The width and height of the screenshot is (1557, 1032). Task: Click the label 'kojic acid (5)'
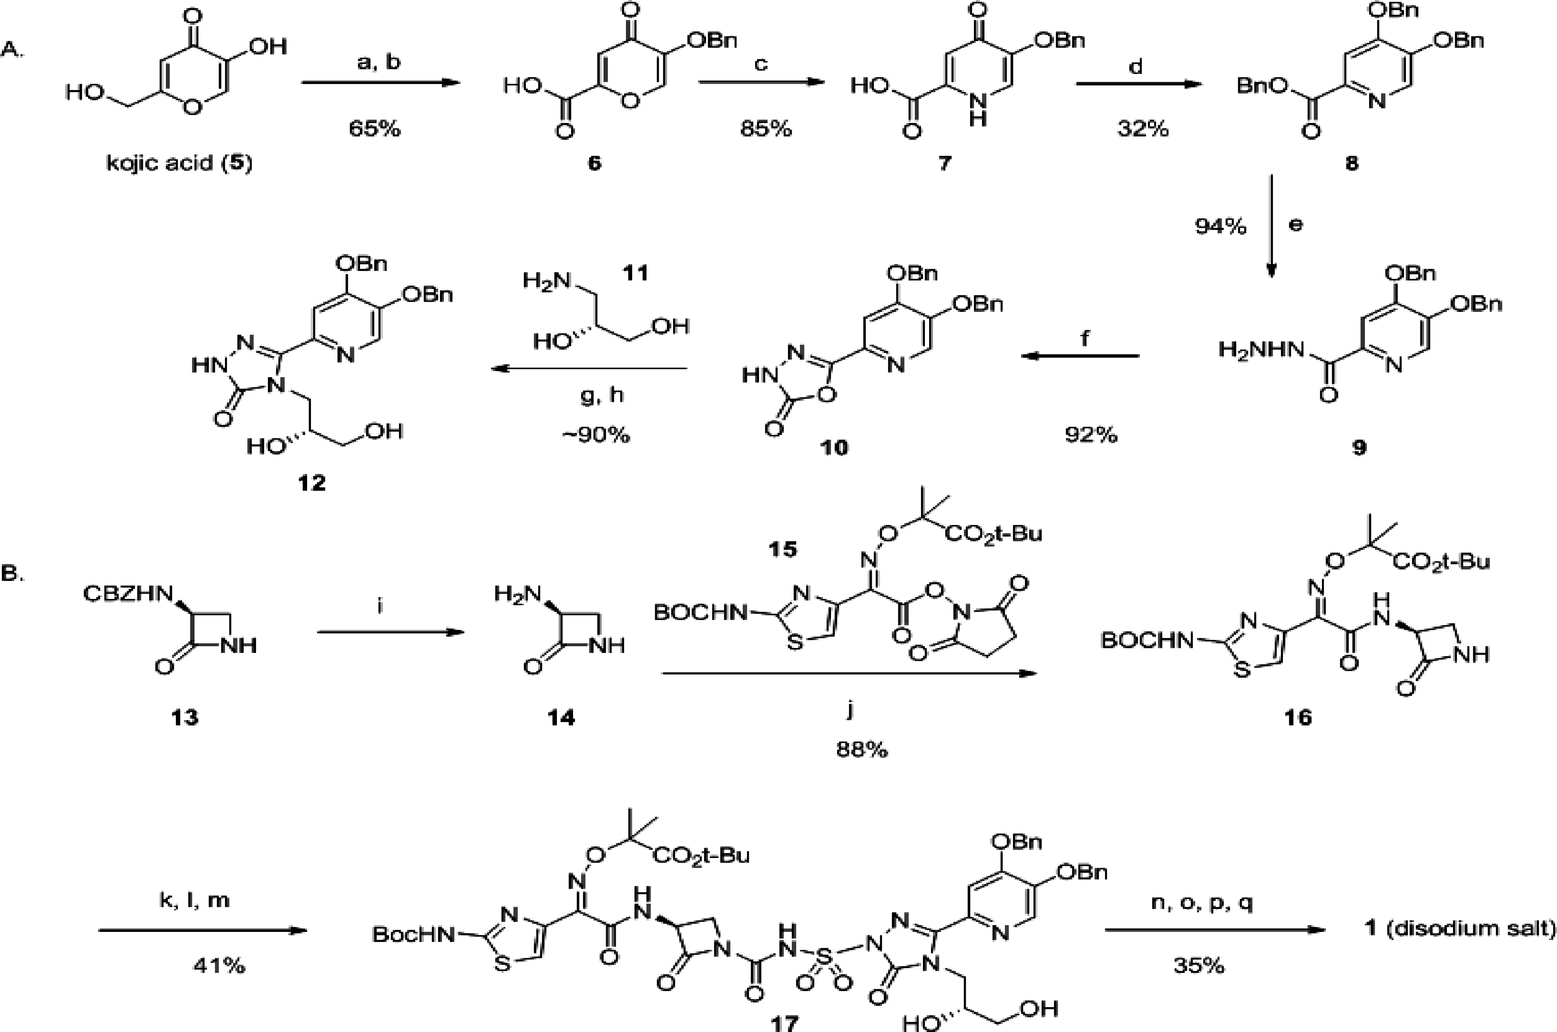click(x=179, y=162)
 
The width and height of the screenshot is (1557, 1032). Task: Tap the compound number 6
click(x=594, y=162)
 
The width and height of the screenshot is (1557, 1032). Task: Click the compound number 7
click(x=945, y=162)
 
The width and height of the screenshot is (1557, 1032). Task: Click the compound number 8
click(x=1351, y=162)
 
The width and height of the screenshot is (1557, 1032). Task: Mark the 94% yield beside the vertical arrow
click(x=1220, y=226)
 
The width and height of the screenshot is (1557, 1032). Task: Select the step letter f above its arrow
click(x=1085, y=338)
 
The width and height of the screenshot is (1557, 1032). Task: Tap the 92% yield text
click(x=1091, y=434)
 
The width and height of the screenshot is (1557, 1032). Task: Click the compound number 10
click(x=833, y=447)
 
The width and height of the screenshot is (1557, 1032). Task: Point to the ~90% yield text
click(x=596, y=434)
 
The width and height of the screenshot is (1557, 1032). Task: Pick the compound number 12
click(x=311, y=483)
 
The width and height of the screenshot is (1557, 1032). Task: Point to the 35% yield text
click(x=1199, y=965)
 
